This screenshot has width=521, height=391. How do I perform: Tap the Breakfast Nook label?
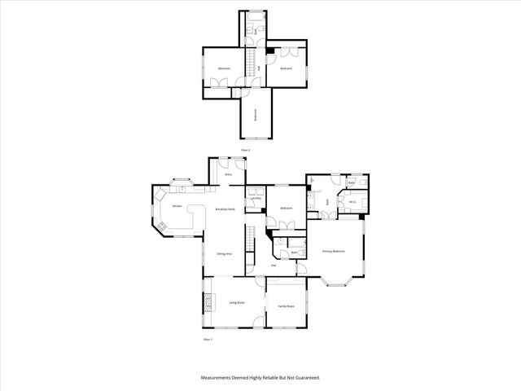[225, 209]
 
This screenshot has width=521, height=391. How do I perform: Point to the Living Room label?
[238, 302]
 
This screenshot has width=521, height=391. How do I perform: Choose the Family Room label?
[286, 306]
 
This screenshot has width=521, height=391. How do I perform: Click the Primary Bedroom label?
[334, 252]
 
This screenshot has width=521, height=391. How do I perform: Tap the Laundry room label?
[256, 199]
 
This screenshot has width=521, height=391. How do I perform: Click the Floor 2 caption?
[244, 150]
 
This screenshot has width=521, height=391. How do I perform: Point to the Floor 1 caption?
[207, 339]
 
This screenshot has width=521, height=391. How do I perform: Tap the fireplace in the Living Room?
[208, 302]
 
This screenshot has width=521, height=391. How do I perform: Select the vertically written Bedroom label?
[255, 115]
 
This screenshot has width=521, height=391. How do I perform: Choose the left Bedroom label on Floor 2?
[224, 68]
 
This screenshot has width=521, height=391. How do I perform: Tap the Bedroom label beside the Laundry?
[287, 209]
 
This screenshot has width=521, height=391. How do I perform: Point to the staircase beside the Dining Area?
[252, 242]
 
